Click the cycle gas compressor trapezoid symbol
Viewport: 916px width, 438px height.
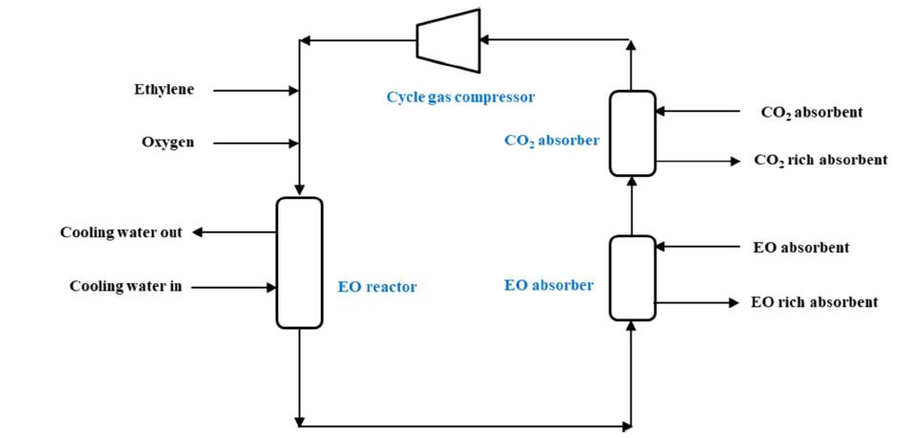[448, 40]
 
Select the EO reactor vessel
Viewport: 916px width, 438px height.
[299, 263]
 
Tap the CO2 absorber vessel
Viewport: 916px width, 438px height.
[632, 133]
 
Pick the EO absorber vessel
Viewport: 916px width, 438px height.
[632, 277]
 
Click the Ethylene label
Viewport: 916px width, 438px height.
[163, 90]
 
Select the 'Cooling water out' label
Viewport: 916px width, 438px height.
[120, 232]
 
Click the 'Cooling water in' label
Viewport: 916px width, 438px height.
[125, 286]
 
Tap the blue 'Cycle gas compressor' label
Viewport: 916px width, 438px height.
[460, 97]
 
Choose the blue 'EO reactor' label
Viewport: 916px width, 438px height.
[377, 286]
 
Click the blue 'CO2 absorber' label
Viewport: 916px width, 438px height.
[552, 141]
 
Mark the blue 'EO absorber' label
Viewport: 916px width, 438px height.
[548, 285]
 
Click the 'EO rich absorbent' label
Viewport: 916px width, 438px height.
[814, 302]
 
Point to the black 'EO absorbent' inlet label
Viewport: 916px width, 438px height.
[800, 248]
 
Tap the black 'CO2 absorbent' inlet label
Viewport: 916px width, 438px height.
[811, 112]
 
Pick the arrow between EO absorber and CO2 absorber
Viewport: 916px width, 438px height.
[632, 206]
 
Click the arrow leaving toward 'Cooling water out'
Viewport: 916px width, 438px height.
[234, 232]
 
